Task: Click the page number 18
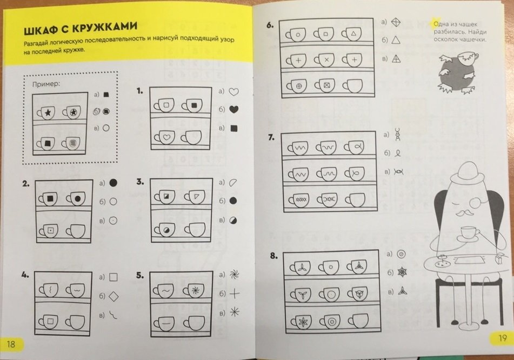tap(11, 344)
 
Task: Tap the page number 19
tap(502, 338)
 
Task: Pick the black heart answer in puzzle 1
tap(233, 109)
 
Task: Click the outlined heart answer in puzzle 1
tap(233, 92)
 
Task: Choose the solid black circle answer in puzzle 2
tap(113, 183)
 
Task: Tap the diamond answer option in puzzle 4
tap(114, 296)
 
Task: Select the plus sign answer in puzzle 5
tap(234, 294)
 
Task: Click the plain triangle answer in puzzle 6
tap(396, 39)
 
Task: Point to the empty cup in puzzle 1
tap(191, 137)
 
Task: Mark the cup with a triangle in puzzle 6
tap(351, 34)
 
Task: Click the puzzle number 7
tap(271, 137)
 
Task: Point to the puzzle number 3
tap(140, 182)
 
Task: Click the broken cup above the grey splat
tap(467, 57)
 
